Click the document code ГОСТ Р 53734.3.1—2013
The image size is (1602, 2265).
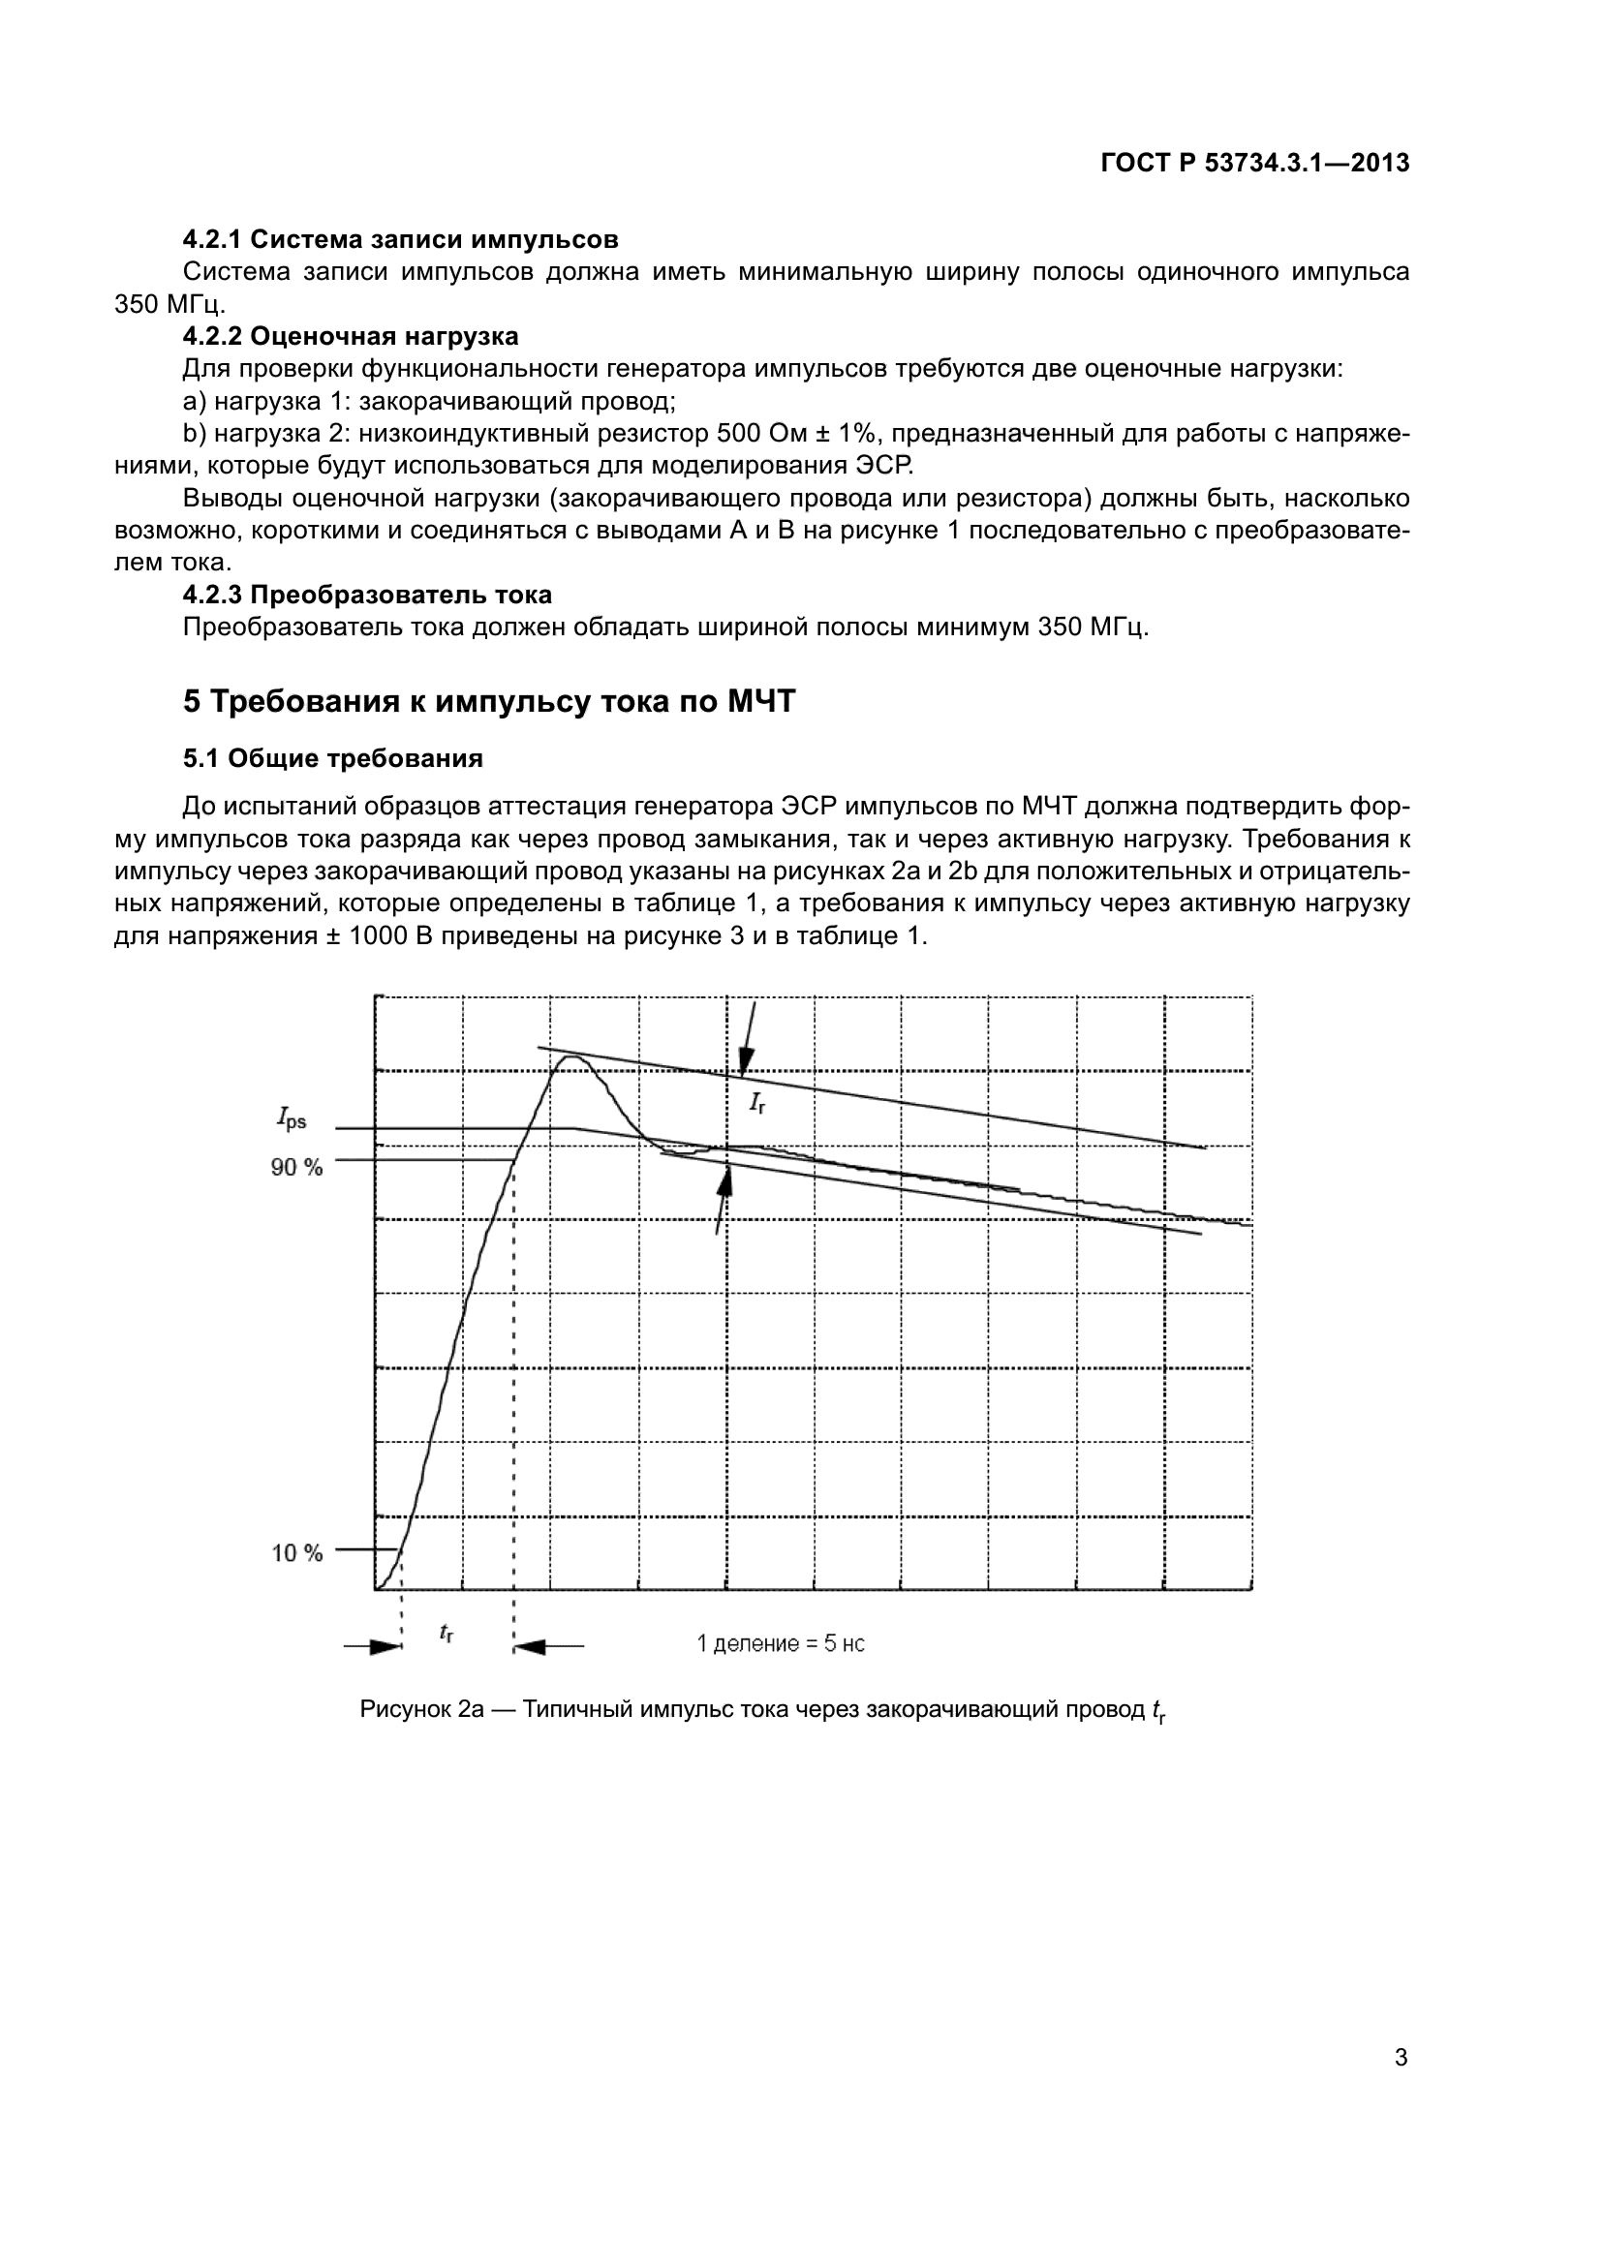click(x=1254, y=164)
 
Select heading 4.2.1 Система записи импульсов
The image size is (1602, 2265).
click(x=401, y=240)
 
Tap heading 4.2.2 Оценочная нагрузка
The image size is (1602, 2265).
click(x=351, y=336)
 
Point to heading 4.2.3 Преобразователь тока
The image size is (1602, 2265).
click(x=367, y=595)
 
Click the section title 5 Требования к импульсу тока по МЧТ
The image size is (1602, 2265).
click(x=488, y=701)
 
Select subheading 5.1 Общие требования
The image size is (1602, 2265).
click(x=332, y=758)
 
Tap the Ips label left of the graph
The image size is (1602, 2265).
click(x=291, y=1118)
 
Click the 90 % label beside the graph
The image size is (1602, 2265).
click(x=297, y=1167)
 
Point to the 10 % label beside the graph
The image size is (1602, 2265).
click(x=297, y=1553)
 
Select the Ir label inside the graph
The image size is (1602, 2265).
click(x=757, y=1103)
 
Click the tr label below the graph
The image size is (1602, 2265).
click(x=446, y=1633)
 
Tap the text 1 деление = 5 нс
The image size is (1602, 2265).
click(x=781, y=1643)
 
